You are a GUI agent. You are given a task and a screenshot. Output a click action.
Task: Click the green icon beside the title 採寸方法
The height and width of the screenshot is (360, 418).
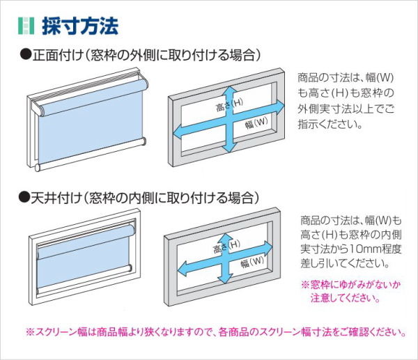pyautogui.click(x=26, y=26)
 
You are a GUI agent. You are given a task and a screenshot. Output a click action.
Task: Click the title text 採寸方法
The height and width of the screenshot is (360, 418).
pyautogui.click(x=80, y=26)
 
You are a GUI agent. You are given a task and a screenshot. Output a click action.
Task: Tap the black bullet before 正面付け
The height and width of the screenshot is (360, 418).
pyautogui.click(x=26, y=55)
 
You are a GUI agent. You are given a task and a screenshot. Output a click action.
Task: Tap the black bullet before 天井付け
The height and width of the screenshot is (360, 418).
pyautogui.click(x=24, y=198)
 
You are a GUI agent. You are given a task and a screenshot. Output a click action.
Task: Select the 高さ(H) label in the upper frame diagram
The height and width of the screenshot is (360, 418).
pyautogui.click(x=229, y=104)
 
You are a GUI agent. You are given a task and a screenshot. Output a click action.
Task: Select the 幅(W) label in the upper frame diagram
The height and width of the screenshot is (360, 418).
pyautogui.click(x=256, y=123)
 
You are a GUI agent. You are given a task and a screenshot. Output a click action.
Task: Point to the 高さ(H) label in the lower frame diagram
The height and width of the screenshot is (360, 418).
pyautogui.click(x=226, y=246)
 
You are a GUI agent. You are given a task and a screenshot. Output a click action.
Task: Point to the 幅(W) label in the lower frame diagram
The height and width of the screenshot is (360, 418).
pyautogui.click(x=252, y=262)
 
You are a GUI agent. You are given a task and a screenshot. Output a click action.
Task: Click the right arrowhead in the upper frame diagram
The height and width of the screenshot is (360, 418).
pyautogui.click(x=279, y=107)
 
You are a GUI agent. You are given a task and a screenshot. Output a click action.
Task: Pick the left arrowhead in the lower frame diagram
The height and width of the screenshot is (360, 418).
pyautogui.click(x=183, y=269)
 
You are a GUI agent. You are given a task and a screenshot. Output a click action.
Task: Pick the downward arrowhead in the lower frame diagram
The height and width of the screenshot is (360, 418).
pyautogui.click(x=225, y=279)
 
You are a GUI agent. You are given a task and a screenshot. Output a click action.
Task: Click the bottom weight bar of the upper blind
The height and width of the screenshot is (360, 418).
pyautogui.click(x=91, y=155)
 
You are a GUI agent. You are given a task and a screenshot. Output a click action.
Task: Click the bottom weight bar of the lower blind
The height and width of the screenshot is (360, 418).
pyautogui.click(x=85, y=277)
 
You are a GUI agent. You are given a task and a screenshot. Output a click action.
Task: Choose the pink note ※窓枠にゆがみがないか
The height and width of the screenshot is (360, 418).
pyautogui.click(x=351, y=285)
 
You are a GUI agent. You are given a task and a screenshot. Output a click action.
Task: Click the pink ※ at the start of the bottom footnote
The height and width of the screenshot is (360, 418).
pyautogui.click(x=29, y=332)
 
